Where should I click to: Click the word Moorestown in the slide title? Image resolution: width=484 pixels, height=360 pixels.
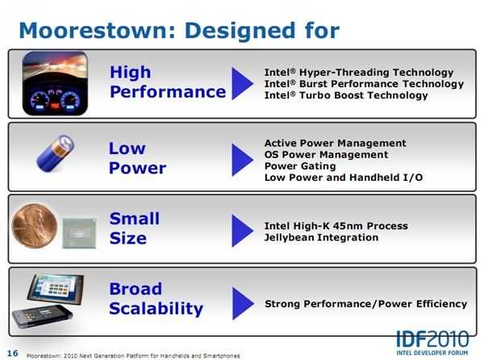tap(97, 31)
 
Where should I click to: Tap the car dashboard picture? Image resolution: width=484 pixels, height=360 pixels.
tap(55, 83)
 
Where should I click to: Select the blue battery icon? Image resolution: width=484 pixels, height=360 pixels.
tap(56, 153)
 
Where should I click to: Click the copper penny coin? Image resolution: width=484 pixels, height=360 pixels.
tap(35, 226)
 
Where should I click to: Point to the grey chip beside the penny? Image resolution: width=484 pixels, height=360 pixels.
tap(79, 233)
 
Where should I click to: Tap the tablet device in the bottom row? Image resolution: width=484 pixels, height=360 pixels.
tap(56, 288)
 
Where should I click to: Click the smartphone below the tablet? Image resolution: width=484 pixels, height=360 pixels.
tap(42, 316)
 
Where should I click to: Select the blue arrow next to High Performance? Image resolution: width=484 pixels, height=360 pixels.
tap(243, 83)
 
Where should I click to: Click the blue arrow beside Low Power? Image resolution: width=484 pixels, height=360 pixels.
tap(243, 160)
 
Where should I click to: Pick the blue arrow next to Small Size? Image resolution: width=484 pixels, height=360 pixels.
tap(243, 231)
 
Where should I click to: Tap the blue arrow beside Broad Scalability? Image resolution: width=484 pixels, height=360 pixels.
tap(243, 303)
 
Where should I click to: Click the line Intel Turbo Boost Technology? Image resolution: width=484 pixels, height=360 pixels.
tap(346, 95)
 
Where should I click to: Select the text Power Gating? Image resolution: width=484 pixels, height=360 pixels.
tap(300, 166)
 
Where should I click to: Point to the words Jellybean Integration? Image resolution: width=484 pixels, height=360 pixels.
tap(321, 237)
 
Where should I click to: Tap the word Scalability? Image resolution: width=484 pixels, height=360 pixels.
tap(156, 309)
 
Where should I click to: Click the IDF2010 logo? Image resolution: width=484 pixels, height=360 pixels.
tap(432, 342)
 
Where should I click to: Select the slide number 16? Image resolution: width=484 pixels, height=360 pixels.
tap(13, 354)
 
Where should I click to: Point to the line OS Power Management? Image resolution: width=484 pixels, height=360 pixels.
tap(326, 155)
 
